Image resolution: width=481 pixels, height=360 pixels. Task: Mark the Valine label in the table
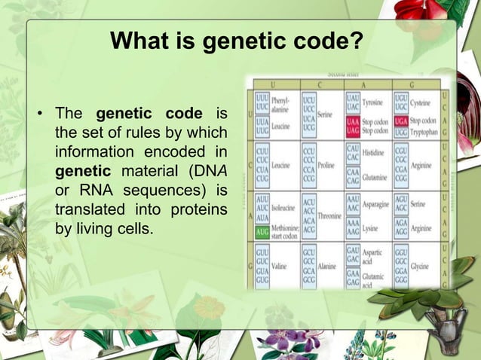point(280,265)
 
